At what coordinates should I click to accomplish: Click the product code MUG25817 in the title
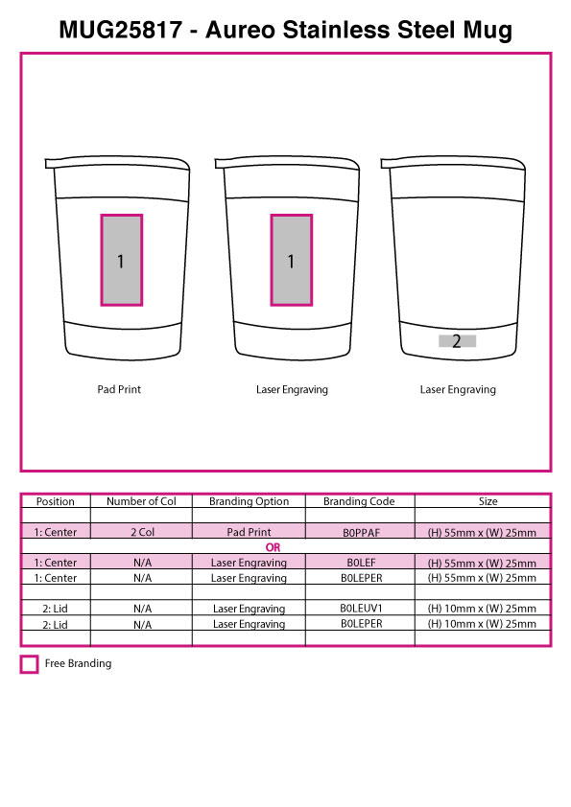pyautogui.click(x=121, y=30)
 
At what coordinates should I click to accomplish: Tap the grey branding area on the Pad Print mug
pyautogui.click(x=121, y=260)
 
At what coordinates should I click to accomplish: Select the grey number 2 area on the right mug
pyautogui.click(x=457, y=340)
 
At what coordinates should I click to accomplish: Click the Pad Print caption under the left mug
pyautogui.click(x=119, y=390)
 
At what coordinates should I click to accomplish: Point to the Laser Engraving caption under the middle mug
pyautogui.click(x=292, y=390)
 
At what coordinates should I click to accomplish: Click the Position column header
pyautogui.click(x=55, y=501)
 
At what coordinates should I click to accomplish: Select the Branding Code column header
pyautogui.click(x=359, y=501)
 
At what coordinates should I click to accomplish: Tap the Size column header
pyautogui.click(x=488, y=501)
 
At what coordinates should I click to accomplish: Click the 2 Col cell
pyautogui.click(x=142, y=532)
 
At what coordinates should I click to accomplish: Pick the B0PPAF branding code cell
pyautogui.click(x=361, y=533)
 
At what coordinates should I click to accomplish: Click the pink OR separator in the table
pyautogui.click(x=274, y=547)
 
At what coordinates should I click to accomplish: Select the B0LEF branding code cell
pyautogui.click(x=361, y=563)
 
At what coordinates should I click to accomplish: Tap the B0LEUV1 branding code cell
pyautogui.click(x=361, y=609)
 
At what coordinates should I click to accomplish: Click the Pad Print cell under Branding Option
pyautogui.click(x=249, y=532)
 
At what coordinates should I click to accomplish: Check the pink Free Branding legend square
pyautogui.click(x=30, y=664)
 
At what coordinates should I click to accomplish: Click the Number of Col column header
pyautogui.click(x=141, y=501)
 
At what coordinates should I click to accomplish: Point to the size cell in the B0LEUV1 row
pyautogui.click(x=482, y=609)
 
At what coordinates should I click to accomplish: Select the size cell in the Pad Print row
pyautogui.click(x=482, y=533)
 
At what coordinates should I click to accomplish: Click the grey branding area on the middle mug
pyautogui.click(x=292, y=260)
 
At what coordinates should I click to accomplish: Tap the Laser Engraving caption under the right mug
pyautogui.click(x=458, y=390)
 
